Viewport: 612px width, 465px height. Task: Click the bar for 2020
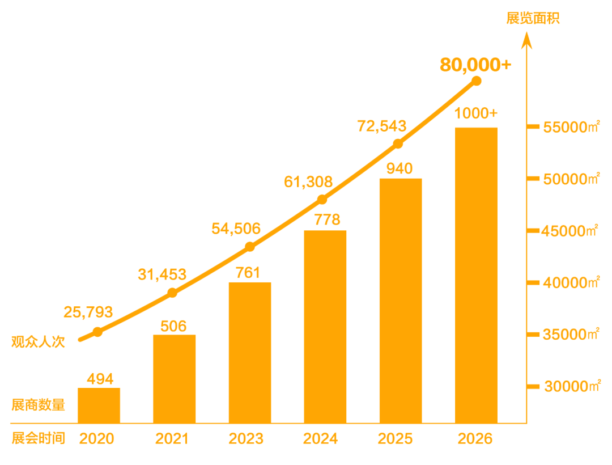[x=99, y=405]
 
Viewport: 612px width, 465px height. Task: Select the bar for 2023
[x=250, y=352]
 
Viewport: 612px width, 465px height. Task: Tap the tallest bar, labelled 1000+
[x=477, y=275]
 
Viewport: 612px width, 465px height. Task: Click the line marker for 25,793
[x=97, y=332]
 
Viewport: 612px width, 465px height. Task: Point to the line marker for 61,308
[x=322, y=199]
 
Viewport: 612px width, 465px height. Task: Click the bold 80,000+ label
[x=475, y=65]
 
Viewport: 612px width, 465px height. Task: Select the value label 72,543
[x=381, y=126]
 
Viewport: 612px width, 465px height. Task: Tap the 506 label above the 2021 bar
[x=173, y=326]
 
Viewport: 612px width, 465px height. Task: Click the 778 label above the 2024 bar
[x=327, y=220]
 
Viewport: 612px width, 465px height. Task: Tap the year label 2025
[x=396, y=438]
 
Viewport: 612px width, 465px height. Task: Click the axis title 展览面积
[x=533, y=18]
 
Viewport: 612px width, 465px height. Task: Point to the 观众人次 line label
[x=38, y=342]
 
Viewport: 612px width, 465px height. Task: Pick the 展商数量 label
[x=38, y=405]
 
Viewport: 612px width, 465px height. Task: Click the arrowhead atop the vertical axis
[x=526, y=39]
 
